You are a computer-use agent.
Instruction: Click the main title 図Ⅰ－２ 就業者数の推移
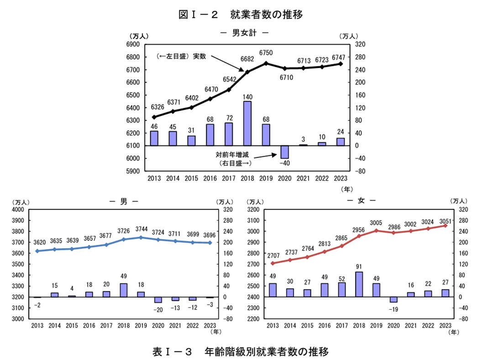(241, 14)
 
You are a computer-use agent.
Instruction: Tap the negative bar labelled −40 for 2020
(285, 152)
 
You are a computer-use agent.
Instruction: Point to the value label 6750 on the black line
(266, 53)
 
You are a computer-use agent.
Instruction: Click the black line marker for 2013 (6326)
(154, 117)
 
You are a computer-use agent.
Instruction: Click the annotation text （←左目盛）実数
(181, 56)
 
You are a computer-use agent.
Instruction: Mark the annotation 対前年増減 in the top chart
(232, 154)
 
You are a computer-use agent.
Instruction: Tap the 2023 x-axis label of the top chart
(341, 178)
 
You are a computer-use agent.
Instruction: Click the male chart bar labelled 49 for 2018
(124, 290)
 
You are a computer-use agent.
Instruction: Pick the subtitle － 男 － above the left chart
(124, 201)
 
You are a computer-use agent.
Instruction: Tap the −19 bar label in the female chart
(393, 309)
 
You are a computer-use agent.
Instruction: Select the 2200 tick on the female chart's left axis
(255, 319)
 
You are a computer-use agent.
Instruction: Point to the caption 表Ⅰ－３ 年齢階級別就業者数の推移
(241, 352)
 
